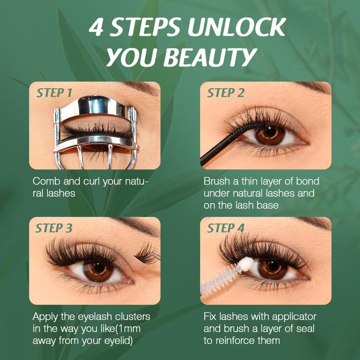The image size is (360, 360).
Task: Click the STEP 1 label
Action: [x=54, y=93]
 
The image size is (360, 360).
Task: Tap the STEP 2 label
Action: [x=225, y=93]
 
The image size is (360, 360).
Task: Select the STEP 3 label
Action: [x=54, y=228]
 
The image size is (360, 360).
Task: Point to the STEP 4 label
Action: [x=225, y=228]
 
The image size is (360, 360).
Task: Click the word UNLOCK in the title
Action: [x=236, y=28]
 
